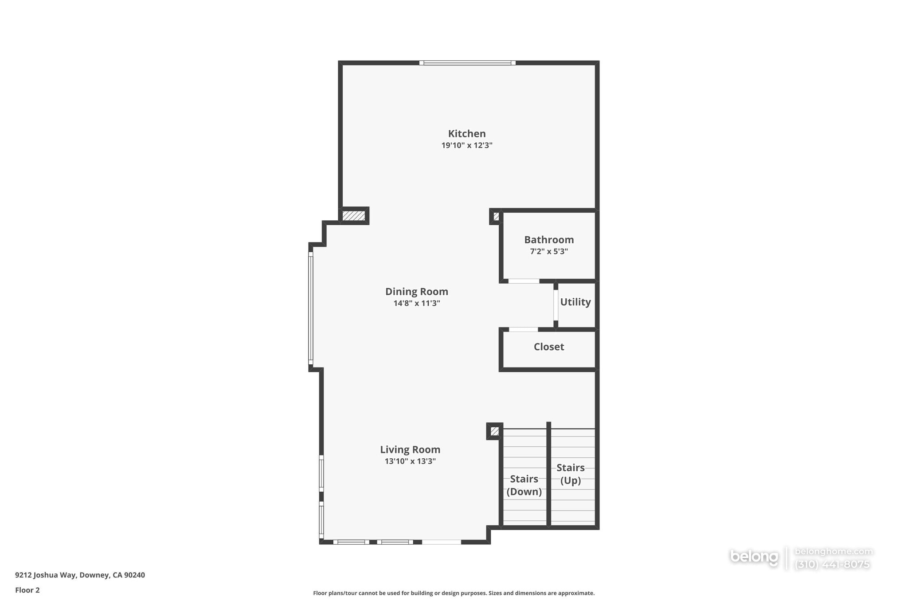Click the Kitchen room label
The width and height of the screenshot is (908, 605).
[466, 133]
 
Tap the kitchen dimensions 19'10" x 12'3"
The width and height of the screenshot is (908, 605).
[466, 145]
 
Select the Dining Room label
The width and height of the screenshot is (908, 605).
[416, 292]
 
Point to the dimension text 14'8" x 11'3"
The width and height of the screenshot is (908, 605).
[416, 304]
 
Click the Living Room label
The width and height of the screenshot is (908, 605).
[410, 449]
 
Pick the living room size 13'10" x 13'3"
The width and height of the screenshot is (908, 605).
[410, 461]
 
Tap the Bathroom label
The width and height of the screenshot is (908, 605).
[548, 240]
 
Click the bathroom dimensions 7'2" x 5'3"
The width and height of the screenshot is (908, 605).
[548, 252]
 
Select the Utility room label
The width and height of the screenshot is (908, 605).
[575, 302]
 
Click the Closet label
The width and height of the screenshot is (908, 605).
[548, 347]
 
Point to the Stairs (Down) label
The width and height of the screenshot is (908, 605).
[524, 485]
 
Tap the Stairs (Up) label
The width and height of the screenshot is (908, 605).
[570, 474]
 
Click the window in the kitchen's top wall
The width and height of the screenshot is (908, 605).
[467, 63]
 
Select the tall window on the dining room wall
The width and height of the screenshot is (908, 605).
[311, 308]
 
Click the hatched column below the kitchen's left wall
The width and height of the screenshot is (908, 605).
[354, 216]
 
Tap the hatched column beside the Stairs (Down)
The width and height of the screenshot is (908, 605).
[494, 431]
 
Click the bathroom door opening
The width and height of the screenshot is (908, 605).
[524, 281]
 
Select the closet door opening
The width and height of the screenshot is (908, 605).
[523, 329]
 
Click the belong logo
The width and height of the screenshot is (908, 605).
[754, 557]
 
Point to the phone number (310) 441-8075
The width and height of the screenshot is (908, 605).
[832, 565]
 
